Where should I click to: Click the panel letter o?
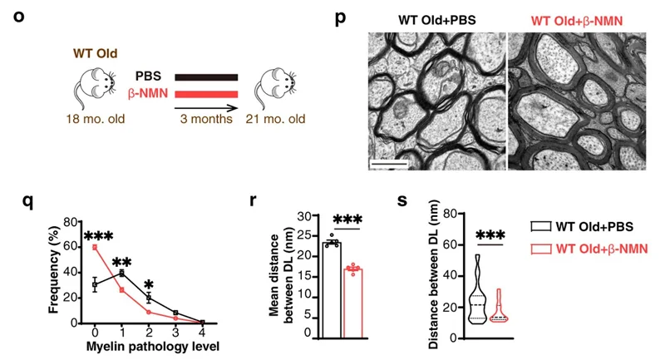[x=19, y=18]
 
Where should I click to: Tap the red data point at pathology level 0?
[x=95, y=247]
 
